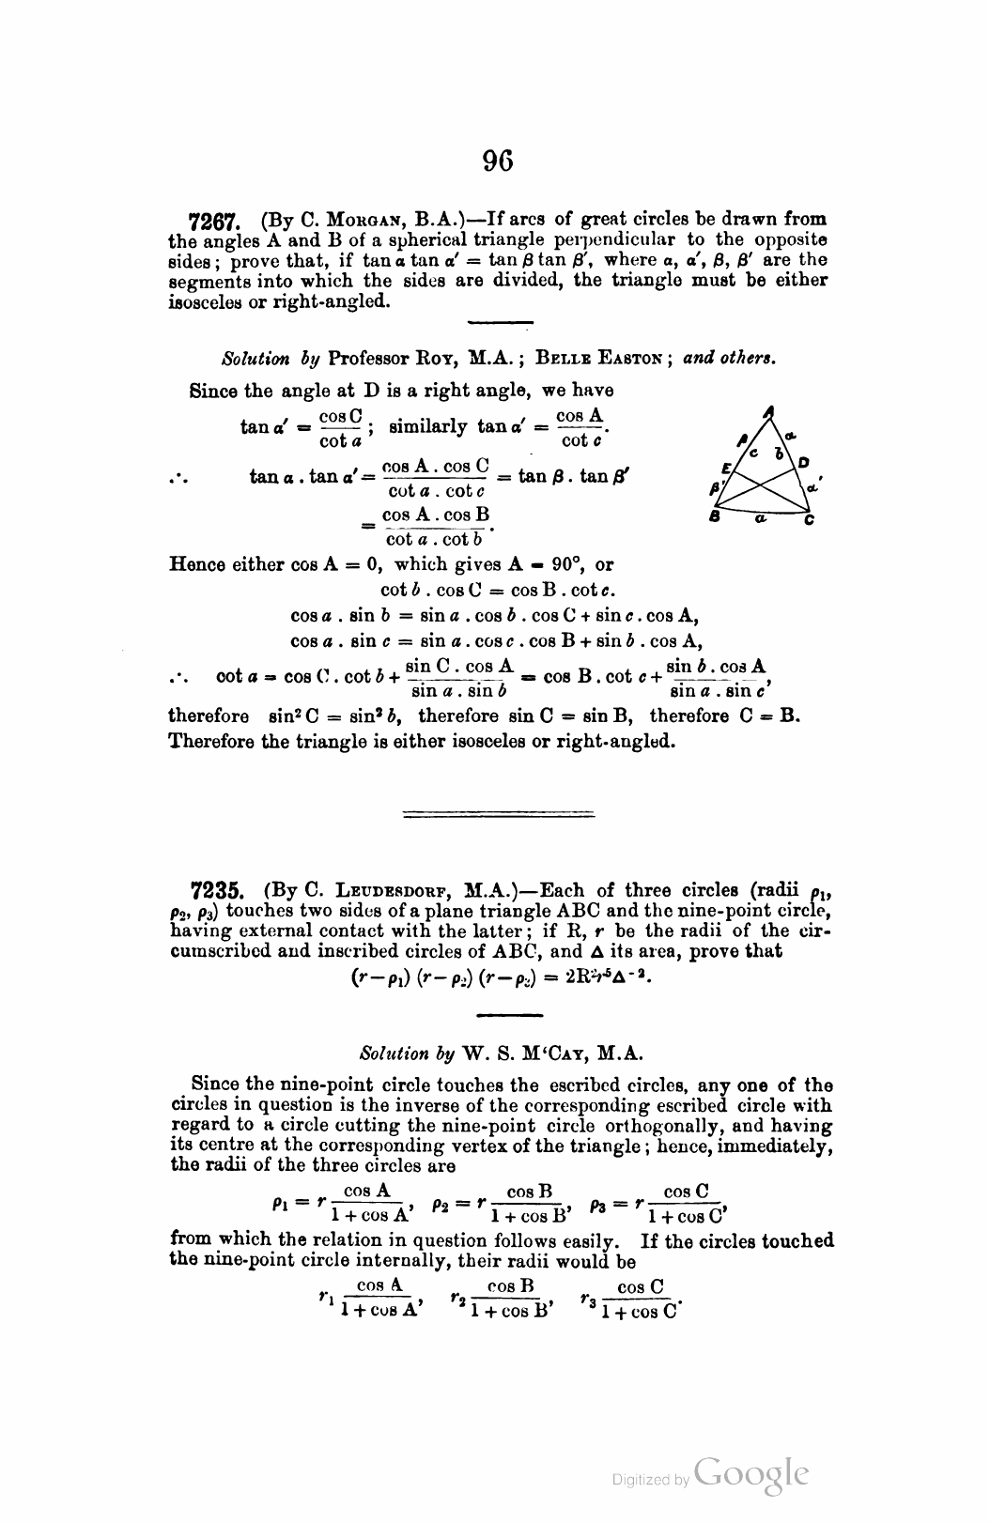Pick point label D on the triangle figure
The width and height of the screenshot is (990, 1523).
[x=803, y=462]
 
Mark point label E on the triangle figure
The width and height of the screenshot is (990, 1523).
[x=725, y=467]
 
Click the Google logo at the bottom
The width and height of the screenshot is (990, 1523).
[x=751, y=1472]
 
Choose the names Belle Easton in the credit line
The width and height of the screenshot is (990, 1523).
[x=601, y=359]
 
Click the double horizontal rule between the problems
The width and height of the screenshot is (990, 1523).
[x=497, y=814]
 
